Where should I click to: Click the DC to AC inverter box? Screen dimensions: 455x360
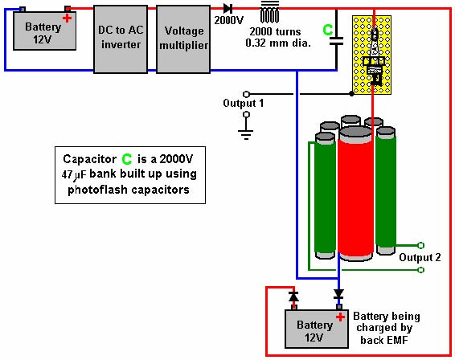121,39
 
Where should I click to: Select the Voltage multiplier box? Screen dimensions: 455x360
183,39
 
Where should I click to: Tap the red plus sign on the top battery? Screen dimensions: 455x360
67,18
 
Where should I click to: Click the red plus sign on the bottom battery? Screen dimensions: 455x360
340,317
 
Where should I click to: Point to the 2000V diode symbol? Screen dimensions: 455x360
227,8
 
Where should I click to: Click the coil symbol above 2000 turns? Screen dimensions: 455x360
269,12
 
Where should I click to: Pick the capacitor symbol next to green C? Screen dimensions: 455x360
336,41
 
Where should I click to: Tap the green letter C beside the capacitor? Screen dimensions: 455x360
328,30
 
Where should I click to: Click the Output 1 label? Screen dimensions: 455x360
243,103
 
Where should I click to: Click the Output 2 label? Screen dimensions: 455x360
420,257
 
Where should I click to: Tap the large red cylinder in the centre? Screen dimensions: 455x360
356,194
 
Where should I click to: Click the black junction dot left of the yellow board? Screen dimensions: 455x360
351,94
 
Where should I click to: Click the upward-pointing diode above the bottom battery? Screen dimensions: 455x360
293,297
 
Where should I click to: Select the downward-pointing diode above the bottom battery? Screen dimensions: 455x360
338,294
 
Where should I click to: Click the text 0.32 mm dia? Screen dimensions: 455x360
278,43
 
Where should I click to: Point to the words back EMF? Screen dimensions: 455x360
384,340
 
